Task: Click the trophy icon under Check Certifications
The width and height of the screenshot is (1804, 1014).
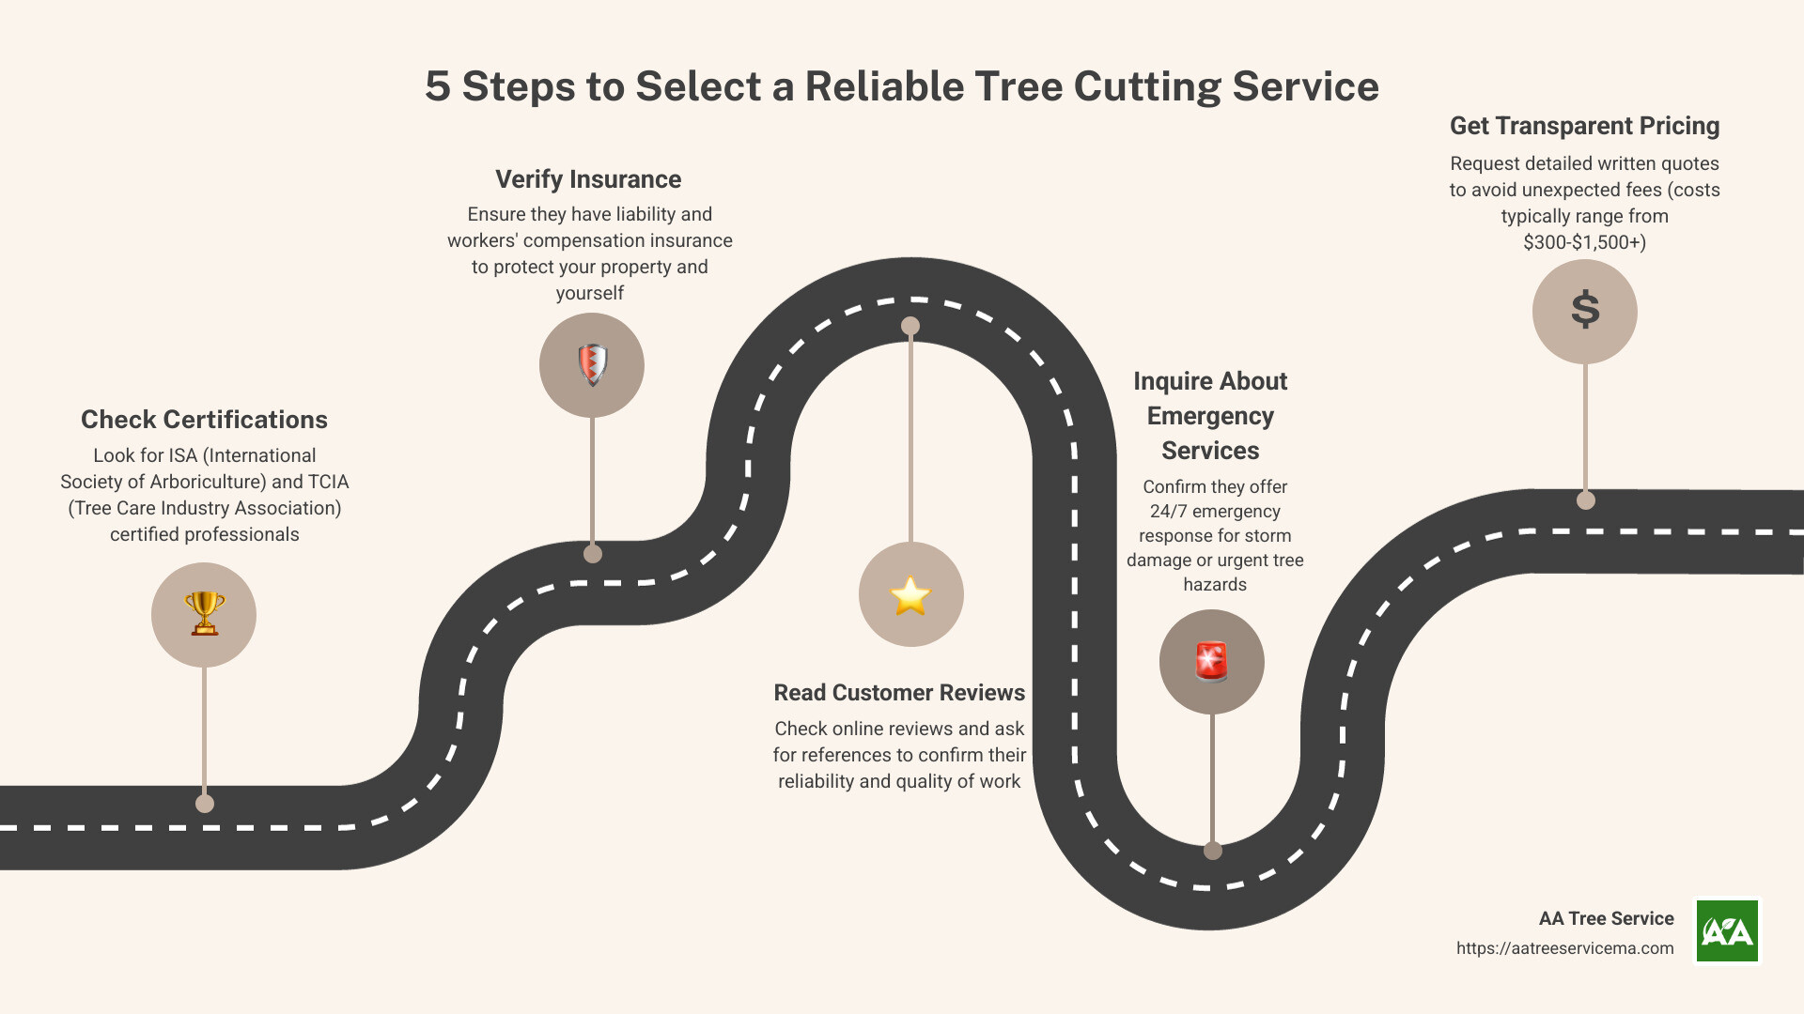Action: (x=204, y=614)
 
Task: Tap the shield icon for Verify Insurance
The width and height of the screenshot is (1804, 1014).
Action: (x=592, y=365)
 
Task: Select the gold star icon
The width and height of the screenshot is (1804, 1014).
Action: (x=910, y=595)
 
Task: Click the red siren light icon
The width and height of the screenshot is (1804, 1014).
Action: (x=1211, y=661)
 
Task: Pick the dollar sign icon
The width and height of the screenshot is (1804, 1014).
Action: (x=1585, y=310)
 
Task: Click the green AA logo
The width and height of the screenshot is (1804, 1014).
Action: (x=1727, y=931)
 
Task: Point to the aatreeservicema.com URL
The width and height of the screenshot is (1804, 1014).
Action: (x=1564, y=948)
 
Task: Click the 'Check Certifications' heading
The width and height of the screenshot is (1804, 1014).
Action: (x=204, y=420)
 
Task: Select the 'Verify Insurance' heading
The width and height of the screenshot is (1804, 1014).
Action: (x=588, y=179)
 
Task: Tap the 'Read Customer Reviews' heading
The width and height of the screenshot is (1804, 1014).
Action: (x=899, y=693)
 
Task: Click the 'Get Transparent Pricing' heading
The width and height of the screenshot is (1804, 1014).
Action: (x=1584, y=126)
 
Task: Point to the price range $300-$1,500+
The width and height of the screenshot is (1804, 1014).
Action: (x=1584, y=242)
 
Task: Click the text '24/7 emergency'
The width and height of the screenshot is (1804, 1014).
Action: (x=1215, y=512)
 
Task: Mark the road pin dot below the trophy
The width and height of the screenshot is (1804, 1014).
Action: (x=205, y=804)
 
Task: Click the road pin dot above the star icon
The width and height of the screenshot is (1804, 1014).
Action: (x=910, y=326)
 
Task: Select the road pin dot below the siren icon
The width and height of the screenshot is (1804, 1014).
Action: (x=1213, y=851)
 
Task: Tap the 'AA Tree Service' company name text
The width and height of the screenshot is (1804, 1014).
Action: (x=1606, y=918)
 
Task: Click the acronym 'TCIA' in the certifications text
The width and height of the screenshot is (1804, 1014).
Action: (x=328, y=482)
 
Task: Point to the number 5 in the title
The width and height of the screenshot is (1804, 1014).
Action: (x=438, y=86)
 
